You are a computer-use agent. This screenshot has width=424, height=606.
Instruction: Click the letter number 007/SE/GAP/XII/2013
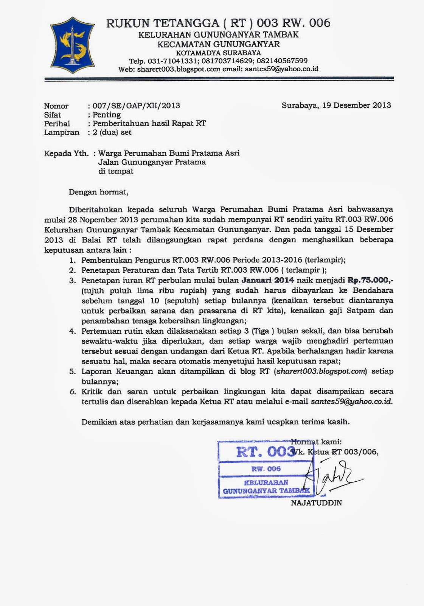coord(136,106)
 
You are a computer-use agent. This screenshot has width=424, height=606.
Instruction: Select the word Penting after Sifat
coord(107,114)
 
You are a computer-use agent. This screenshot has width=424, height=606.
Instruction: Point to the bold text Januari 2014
coord(267,280)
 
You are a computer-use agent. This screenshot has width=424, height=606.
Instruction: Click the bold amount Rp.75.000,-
coord(370,280)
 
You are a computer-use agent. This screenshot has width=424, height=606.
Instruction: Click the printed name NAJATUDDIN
coord(316,503)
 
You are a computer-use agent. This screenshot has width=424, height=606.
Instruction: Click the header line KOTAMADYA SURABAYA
coord(218,53)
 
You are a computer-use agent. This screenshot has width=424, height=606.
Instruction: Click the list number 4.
coord(72,331)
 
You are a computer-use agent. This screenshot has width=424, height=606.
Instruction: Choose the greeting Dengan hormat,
coord(98,192)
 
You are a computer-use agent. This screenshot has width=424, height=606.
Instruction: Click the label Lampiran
coord(62,132)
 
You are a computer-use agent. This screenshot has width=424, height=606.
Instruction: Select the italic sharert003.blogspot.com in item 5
coord(321,371)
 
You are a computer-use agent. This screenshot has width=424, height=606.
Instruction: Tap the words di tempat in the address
coord(116,171)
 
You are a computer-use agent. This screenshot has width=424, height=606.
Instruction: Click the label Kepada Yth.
coord(66,153)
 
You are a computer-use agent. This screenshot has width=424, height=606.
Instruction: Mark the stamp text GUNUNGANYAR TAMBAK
coord(266,491)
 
